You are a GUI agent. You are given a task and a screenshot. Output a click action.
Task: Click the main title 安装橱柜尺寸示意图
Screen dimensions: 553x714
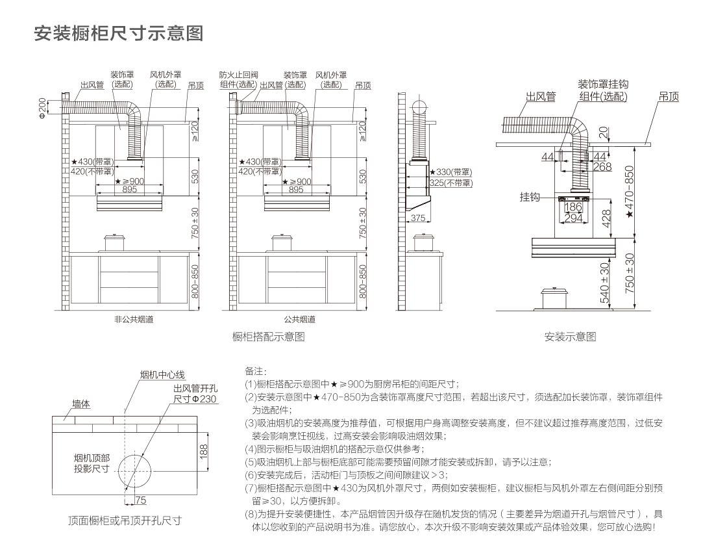click(x=118, y=33)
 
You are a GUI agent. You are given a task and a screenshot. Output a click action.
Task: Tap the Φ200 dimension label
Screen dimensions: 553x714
click(x=43, y=108)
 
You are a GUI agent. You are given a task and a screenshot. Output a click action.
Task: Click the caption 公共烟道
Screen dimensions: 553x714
click(x=299, y=319)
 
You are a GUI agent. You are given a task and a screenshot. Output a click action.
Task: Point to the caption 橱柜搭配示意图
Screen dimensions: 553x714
click(x=268, y=337)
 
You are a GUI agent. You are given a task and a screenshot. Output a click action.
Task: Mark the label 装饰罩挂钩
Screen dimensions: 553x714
click(x=604, y=84)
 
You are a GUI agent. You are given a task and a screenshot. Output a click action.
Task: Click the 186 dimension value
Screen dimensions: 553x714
click(x=573, y=207)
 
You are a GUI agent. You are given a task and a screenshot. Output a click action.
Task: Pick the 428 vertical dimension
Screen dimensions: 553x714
click(x=606, y=218)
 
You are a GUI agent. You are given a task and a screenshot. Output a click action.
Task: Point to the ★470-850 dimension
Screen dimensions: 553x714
click(x=629, y=191)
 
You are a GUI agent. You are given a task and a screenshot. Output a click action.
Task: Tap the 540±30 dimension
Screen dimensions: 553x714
click(x=604, y=283)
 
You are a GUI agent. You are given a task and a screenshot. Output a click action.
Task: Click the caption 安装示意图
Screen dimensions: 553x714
click(x=570, y=337)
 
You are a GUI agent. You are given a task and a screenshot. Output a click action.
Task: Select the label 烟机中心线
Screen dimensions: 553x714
click(x=163, y=375)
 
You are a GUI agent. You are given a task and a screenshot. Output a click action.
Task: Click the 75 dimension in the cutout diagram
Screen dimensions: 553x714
click(x=141, y=500)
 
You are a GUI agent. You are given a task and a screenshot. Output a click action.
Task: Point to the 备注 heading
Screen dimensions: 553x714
click(x=255, y=371)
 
